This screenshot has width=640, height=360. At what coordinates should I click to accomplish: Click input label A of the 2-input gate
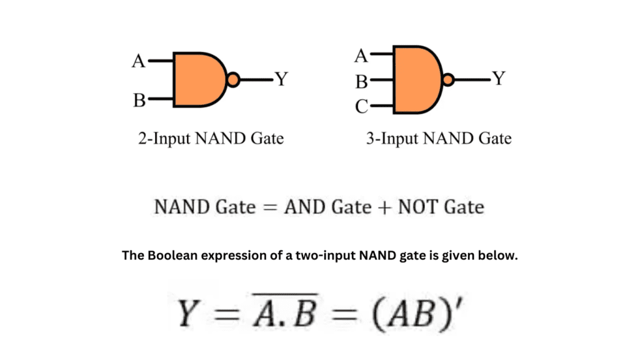click(138, 61)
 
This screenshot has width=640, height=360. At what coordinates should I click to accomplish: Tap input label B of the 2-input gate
click(139, 100)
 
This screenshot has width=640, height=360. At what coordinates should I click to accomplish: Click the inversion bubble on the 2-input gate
click(232, 79)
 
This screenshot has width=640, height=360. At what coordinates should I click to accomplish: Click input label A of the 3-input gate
click(361, 56)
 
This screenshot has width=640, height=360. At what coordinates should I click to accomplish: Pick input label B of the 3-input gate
click(361, 81)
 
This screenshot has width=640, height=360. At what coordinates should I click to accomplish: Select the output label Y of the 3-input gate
click(498, 79)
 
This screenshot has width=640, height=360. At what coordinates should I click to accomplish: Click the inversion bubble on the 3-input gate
click(447, 79)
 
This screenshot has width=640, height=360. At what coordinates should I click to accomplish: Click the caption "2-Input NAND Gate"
click(211, 138)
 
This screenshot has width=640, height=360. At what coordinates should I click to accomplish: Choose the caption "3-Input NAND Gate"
click(438, 138)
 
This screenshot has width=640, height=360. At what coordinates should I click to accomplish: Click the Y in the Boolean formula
click(188, 314)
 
